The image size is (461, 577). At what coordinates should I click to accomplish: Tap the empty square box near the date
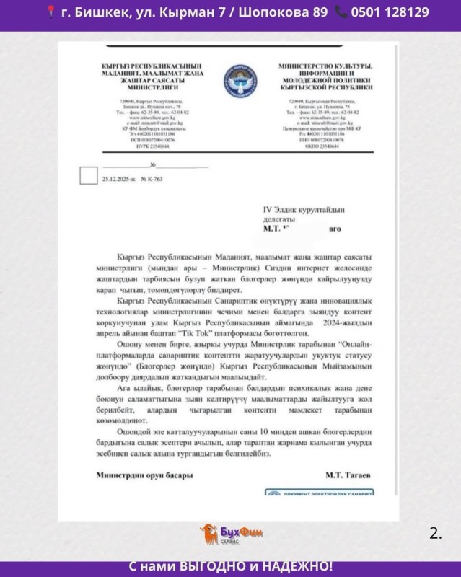point(87,175)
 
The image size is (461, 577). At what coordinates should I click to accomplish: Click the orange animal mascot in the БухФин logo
point(209,534)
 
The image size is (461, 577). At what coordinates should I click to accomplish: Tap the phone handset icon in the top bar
point(341,12)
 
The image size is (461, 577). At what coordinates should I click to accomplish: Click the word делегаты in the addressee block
point(279,218)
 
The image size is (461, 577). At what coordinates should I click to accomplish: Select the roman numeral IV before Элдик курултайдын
point(267,208)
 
